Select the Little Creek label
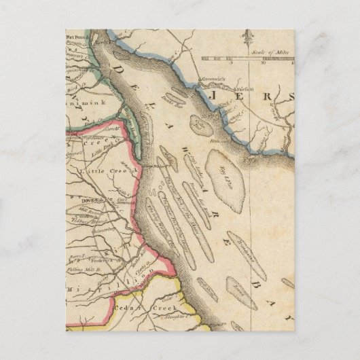click(99, 173)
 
